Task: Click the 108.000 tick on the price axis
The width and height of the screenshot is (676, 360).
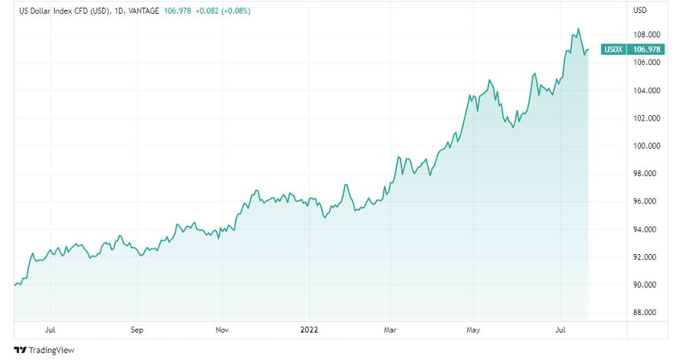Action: pos(645,35)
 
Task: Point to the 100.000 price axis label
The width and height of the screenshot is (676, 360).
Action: pos(645,146)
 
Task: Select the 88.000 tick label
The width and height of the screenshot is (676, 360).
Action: pos(645,313)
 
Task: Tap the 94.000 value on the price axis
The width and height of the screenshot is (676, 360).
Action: pos(645,230)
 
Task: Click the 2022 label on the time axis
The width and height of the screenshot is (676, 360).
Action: pos(309,331)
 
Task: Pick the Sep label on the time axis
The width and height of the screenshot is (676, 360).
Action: pos(137,331)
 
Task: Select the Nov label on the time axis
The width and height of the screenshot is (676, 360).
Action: pos(222,331)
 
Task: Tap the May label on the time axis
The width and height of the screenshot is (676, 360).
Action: pos(474,331)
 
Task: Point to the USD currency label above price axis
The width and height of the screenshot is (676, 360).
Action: pos(640,11)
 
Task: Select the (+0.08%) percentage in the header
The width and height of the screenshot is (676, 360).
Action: pos(237,11)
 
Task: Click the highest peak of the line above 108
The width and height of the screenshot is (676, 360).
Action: pos(578,29)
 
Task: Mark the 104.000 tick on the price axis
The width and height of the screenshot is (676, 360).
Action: pos(645,91)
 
